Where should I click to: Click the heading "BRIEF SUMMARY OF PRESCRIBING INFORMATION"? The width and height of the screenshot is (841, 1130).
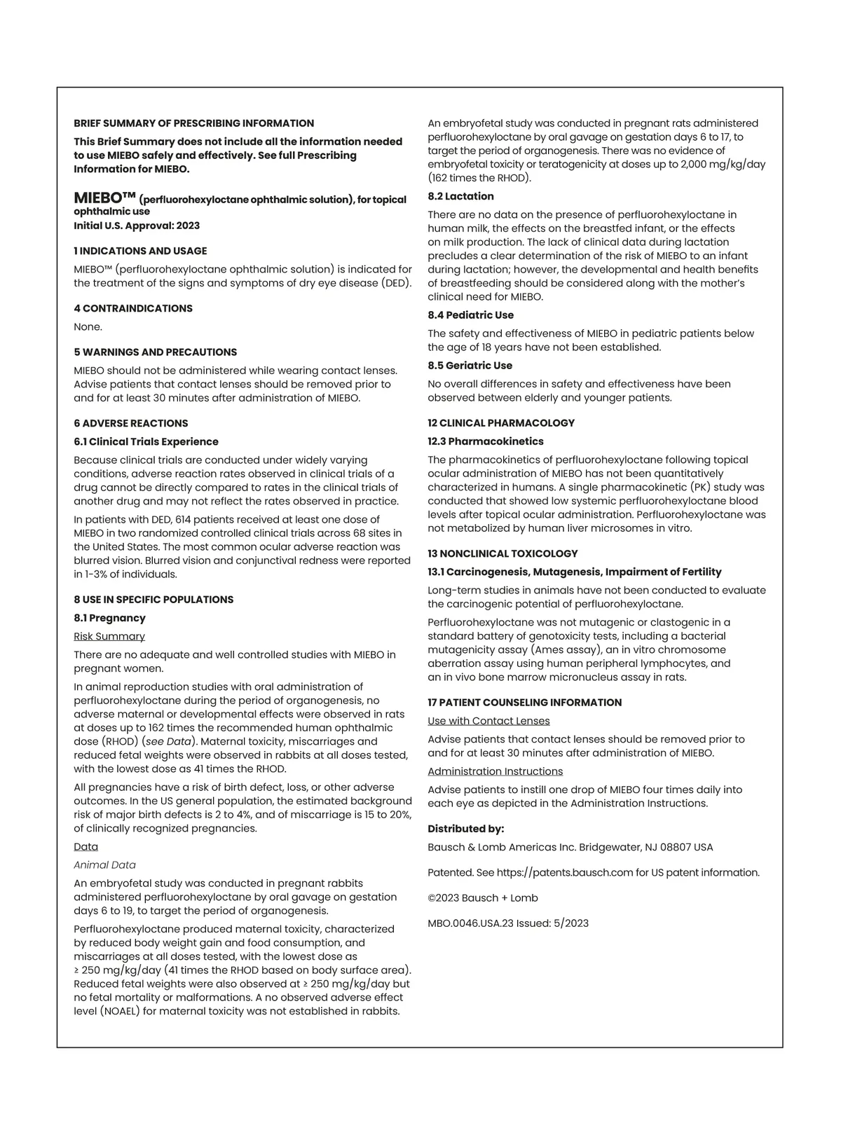[x=194, y=123]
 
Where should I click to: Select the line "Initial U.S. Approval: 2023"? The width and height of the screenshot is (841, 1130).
[x=137, y=226]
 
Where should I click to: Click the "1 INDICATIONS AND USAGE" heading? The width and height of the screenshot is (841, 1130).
[x=140, y=251]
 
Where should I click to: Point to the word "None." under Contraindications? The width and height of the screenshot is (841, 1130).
[x=88, y=326]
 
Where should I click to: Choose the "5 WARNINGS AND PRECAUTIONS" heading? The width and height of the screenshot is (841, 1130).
[x=156, y=352]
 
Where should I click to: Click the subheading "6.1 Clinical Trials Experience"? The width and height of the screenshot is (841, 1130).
[x=146, y=441]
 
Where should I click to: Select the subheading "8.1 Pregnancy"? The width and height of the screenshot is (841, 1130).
[x=109, y=618]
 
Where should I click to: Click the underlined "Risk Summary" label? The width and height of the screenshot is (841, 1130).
[x=109, y=636]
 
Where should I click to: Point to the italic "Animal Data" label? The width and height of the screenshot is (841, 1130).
[x=105, y=865]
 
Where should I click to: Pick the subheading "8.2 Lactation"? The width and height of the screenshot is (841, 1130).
[x=460, y=196]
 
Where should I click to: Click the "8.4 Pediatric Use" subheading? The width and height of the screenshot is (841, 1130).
[x=470, y=315]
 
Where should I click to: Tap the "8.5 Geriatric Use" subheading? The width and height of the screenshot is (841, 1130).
[x=470, y=366]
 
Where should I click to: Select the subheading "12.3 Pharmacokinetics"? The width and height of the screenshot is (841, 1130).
[x=486, y=441]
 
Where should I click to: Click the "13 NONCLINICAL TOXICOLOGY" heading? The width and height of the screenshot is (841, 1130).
[x=502, y=553]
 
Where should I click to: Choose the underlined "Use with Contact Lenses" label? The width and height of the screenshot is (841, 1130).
[x=488, y=721]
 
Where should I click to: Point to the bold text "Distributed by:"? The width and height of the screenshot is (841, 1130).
[x=465, y=829]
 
